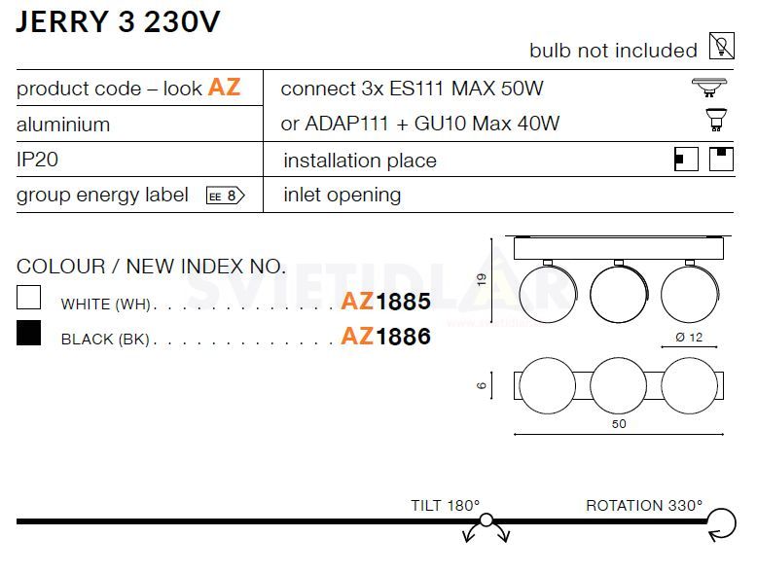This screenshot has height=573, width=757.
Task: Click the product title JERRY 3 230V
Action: tap(118, 21)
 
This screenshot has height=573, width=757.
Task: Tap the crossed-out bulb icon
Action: tap(722, 46)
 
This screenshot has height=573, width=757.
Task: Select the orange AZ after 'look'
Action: tap(224, 88)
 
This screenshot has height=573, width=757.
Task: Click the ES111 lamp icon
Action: tap(709, 88)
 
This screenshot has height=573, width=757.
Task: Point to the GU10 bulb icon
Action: tap(716, 120)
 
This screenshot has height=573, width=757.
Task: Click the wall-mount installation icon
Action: tap(686, 159)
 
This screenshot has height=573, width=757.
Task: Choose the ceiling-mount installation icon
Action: tap(721, 159)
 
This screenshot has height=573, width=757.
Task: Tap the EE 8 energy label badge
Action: tap(226, 196)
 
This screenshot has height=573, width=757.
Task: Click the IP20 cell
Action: tap(37, 160)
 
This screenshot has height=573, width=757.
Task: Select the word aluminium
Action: tap(63, 125)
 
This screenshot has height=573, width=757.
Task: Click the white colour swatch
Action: tap(28, 297)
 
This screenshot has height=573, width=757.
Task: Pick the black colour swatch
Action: tap(28, 333)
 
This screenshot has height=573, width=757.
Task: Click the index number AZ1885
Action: tap(385, 302)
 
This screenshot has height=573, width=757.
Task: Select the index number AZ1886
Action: tap(385, 337)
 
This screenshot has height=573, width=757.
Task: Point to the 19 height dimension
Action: tap(482, 279)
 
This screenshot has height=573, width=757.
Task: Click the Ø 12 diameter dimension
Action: tap(689, 338)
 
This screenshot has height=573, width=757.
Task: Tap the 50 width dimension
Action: tap(619, 424)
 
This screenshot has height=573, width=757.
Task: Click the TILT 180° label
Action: tap(445, 506)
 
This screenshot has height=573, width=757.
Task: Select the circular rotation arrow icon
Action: tap(722, 523)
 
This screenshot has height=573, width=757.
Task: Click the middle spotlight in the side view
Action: tap(620, 294)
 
